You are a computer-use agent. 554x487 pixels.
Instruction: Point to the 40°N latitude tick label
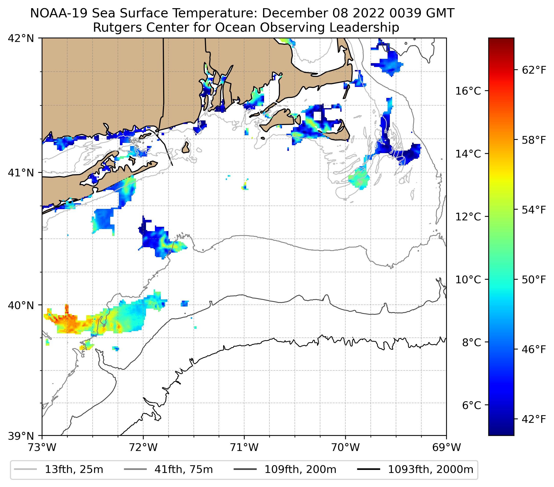(21, 305)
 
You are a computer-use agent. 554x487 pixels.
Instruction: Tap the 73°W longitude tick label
(42, 447)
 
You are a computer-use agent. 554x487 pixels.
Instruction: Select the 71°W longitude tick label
(244, 447)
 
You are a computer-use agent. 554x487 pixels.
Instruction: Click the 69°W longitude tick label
(446, 447)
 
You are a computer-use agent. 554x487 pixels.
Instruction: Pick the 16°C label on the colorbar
(468, 91)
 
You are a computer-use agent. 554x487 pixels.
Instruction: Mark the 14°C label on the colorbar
(468, 154)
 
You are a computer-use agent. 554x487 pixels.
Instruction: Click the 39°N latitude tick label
(21, 436)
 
